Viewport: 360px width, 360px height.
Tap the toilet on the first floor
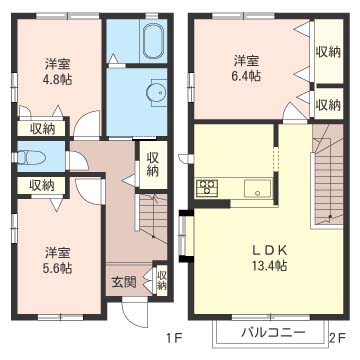pyautogui.click(x=30, y=157)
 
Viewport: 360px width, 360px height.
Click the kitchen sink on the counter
pyautogui.click(x=257, y=189)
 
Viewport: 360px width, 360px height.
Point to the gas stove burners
pyautogui.click(x=207, y=187)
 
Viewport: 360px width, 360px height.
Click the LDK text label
pyautogui.click(x=269, y=250)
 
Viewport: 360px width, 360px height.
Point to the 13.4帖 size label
pyautogui.click(x=269, y=266)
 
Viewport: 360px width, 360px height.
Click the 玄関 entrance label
pyautogui.click(x=124, y=283)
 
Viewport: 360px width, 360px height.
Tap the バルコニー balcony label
pyautogui.click(x=273, y=332)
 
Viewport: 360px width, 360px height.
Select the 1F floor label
pyautogui.click(x=174, y=339)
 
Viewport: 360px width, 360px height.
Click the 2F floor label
pyautogui.click(x=337, y=339)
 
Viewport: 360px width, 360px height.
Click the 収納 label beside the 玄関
pyautogui.click(x=162, y=281)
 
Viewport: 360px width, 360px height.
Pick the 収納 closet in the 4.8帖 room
pyautogui.click(x=42, y=129)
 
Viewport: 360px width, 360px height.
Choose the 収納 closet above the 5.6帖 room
pyautogui.click(x=42, y=185)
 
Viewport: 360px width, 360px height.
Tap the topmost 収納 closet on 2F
pyautogui.click(x=328, y=52)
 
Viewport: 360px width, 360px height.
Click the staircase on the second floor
pyautogui.click(x=328, y=176)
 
